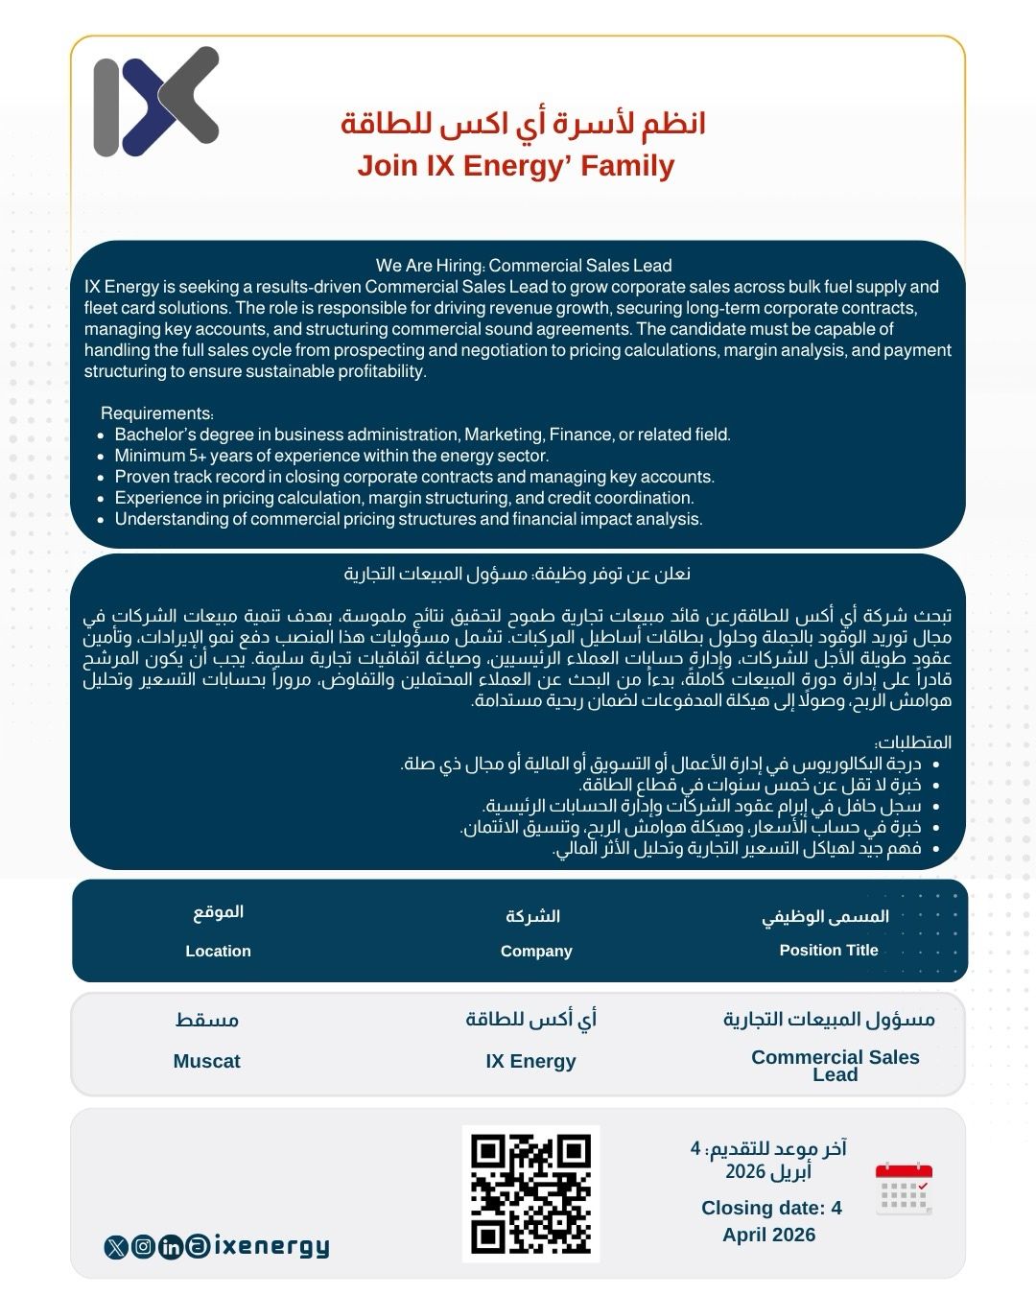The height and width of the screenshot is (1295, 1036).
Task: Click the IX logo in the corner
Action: tap(156, 101)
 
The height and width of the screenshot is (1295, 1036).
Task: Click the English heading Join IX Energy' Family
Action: tap(516, 166)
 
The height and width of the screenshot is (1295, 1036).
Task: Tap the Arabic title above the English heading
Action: tap(523, 124)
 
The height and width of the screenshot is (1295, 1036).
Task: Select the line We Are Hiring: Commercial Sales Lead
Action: tap(524, 266)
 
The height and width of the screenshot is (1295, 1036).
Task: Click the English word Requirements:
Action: tap(157, 413)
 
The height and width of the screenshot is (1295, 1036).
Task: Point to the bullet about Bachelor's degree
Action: tap(422, 435)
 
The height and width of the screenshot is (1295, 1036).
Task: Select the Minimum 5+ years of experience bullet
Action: tap(331, 456)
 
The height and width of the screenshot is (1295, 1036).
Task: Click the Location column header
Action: tap(218, 951)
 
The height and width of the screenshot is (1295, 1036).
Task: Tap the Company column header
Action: tap(536, 951)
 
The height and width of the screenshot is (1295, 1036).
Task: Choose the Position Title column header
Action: tap(829, 950)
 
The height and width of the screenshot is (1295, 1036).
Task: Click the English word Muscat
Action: tap(206, 1061)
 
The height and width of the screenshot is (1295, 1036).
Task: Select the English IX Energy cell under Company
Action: tap(530, 1061)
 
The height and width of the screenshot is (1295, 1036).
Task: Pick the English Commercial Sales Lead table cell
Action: tap(835, 1066)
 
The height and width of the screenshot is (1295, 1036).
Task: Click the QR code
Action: tap(530, 1193)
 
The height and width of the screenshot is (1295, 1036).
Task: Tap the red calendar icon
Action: tap(904, 1189)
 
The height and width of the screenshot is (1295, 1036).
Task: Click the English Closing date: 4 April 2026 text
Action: tap(770, 1221)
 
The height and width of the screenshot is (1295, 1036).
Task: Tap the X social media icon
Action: tap(116, 1247)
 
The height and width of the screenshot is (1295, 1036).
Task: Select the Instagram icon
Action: tap(143, 1247)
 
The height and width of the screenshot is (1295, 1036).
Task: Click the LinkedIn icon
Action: tap(171, 1247)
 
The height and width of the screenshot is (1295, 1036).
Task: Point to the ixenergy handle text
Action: tap(271, 1246)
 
